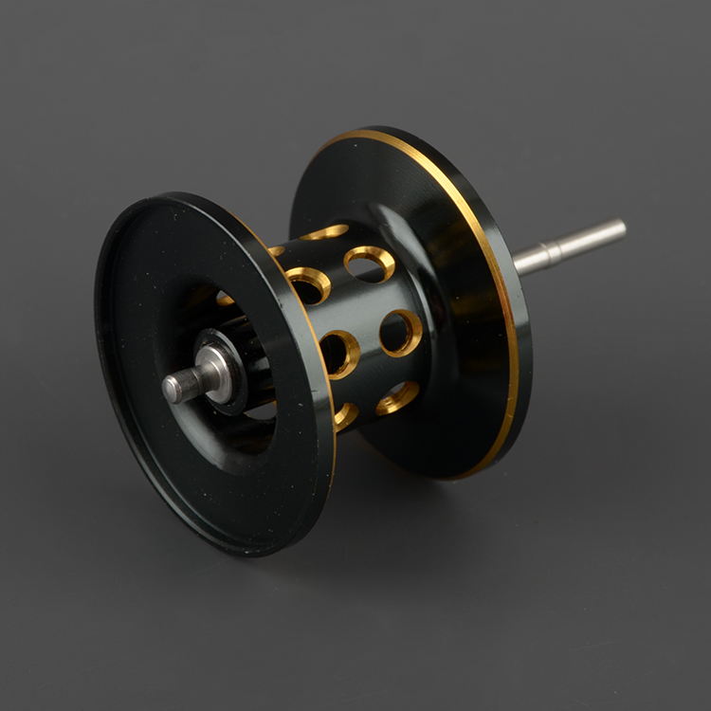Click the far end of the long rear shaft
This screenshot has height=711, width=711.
[x=621, y=228]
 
